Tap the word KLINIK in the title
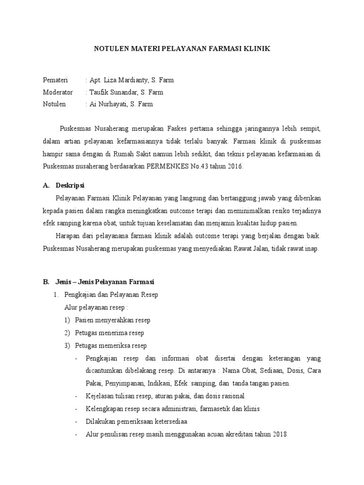(257, 49)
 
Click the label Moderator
(58, 92)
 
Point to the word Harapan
(68, 236)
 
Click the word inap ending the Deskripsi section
(313, 248)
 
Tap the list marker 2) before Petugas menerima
(67, 332)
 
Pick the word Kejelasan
(100, 396)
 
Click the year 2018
(280, 433)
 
